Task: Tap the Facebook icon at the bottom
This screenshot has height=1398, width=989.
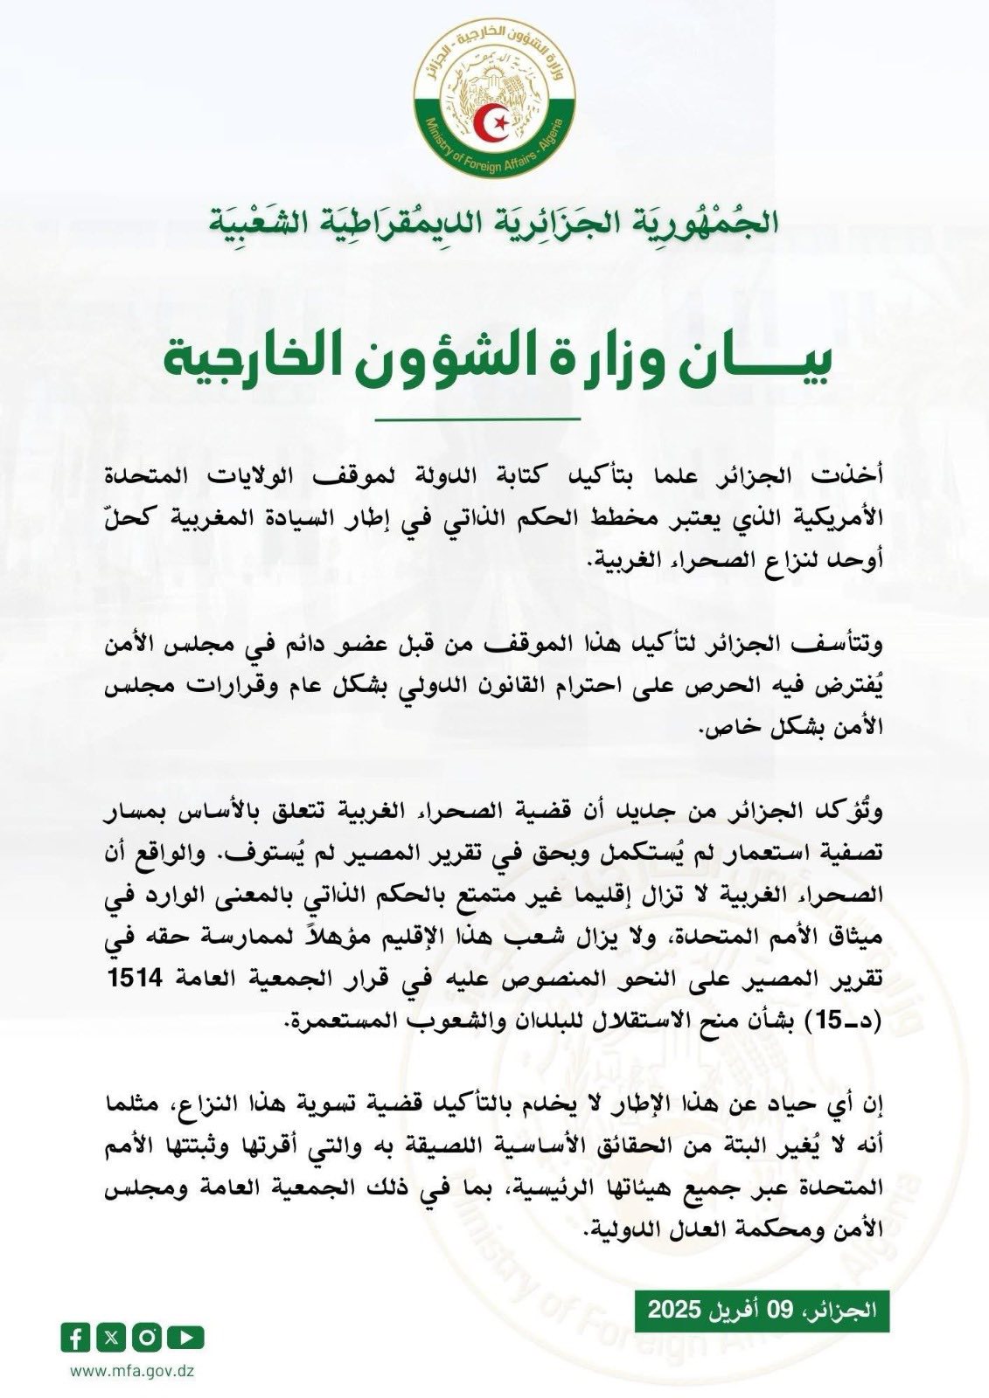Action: [x=75, y=1336]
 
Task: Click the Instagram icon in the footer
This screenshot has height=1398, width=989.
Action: [x=150, y=1336]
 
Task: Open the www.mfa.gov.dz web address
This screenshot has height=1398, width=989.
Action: [x=131, y=1370]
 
